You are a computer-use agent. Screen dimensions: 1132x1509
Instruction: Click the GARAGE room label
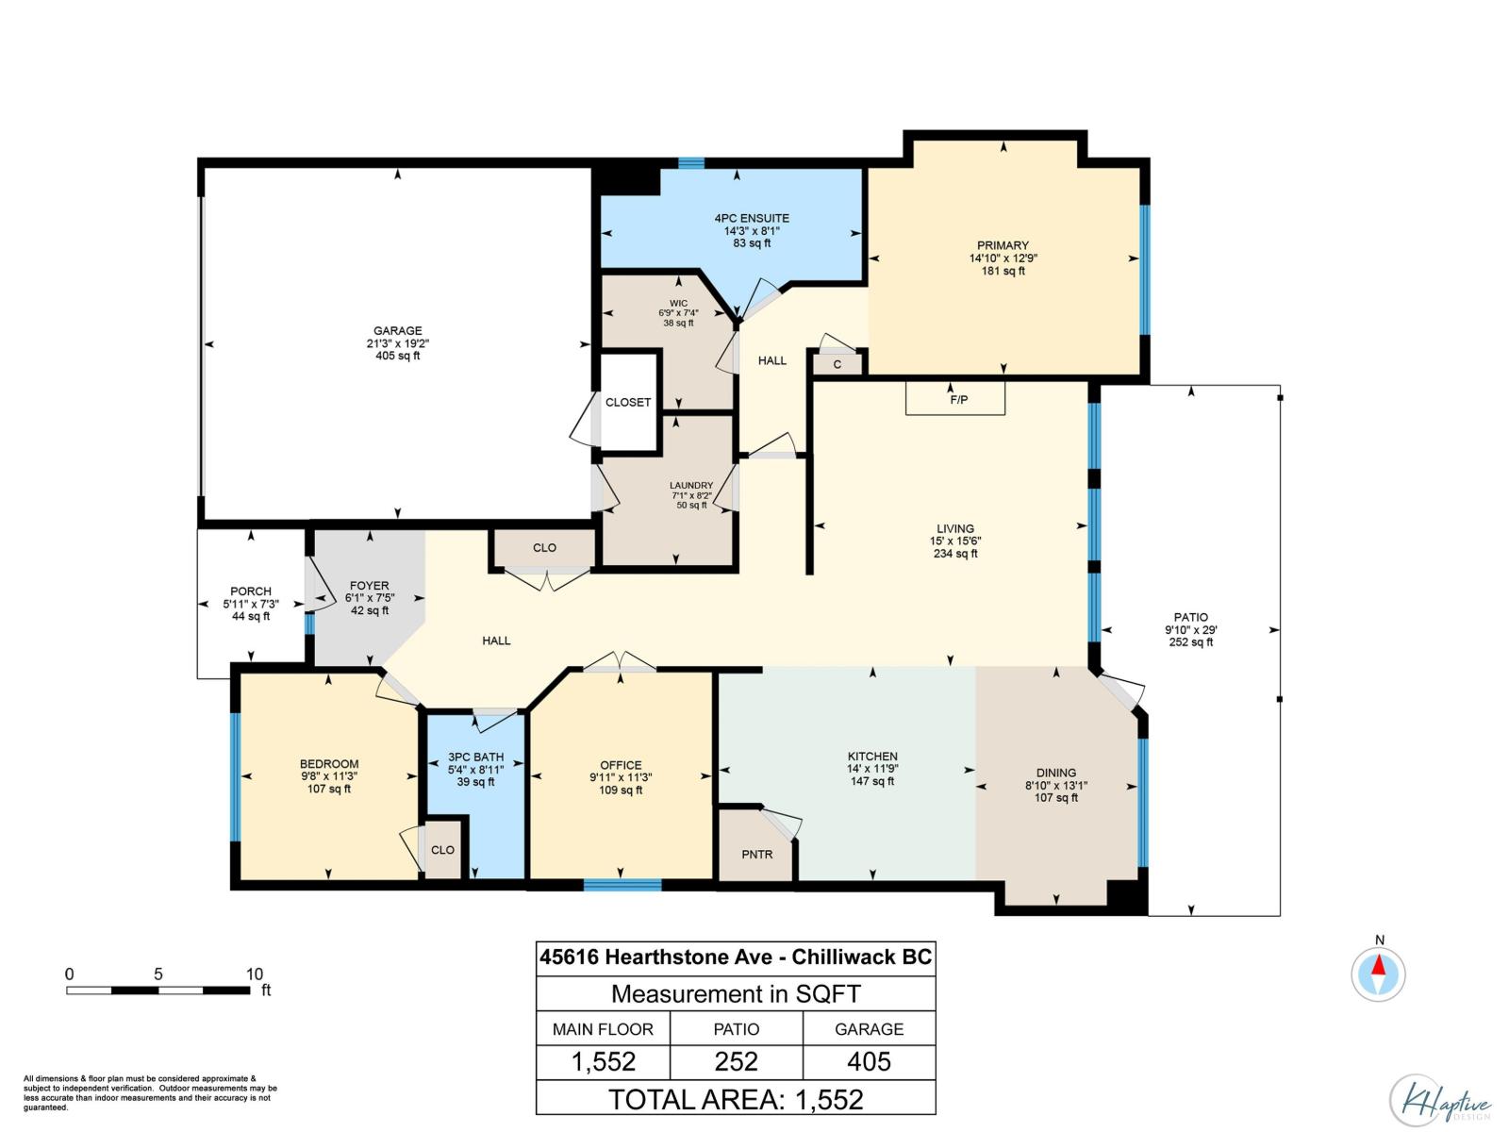tap(397, 331)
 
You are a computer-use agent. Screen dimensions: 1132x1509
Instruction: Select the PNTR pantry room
tap(756, 854)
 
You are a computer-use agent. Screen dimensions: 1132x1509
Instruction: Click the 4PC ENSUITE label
tap(752, 218)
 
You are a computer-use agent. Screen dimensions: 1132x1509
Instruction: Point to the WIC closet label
tap(678, 304)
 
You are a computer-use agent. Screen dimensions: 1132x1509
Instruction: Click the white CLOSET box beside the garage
tap(628, 402)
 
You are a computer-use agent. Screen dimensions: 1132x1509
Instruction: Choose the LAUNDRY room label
tap(691, 486)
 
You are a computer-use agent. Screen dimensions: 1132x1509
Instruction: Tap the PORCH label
tap(251, 591)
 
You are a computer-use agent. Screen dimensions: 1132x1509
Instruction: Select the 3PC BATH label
tap(475, 757)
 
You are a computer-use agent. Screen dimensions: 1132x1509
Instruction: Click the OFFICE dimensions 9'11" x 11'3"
tap(621, 777)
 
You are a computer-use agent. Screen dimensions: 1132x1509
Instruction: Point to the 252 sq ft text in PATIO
tap(1191, 642)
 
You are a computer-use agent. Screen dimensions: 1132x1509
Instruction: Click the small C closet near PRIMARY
tap(837, 363)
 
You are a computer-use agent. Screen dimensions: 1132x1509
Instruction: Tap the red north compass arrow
tap(1379, 966)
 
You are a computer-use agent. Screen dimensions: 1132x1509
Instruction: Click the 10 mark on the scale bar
tap(254, 974)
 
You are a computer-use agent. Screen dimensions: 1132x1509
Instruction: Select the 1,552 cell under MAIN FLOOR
tap(604, 1061)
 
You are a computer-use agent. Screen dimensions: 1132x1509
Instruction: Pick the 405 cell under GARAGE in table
tap(869, 1061)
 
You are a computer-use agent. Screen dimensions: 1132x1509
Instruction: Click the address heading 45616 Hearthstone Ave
tap(736, 957)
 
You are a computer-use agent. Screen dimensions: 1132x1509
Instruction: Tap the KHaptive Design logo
tap(1439, 1101)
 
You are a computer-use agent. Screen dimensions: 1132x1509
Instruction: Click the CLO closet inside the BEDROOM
tap(442, 850)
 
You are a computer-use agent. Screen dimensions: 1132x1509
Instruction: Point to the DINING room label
tap(1055, 773)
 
